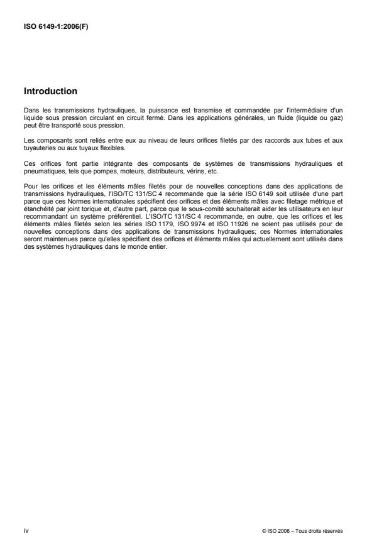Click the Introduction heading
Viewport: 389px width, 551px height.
pos(50,92)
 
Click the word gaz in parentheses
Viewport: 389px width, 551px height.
pos(333,117)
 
